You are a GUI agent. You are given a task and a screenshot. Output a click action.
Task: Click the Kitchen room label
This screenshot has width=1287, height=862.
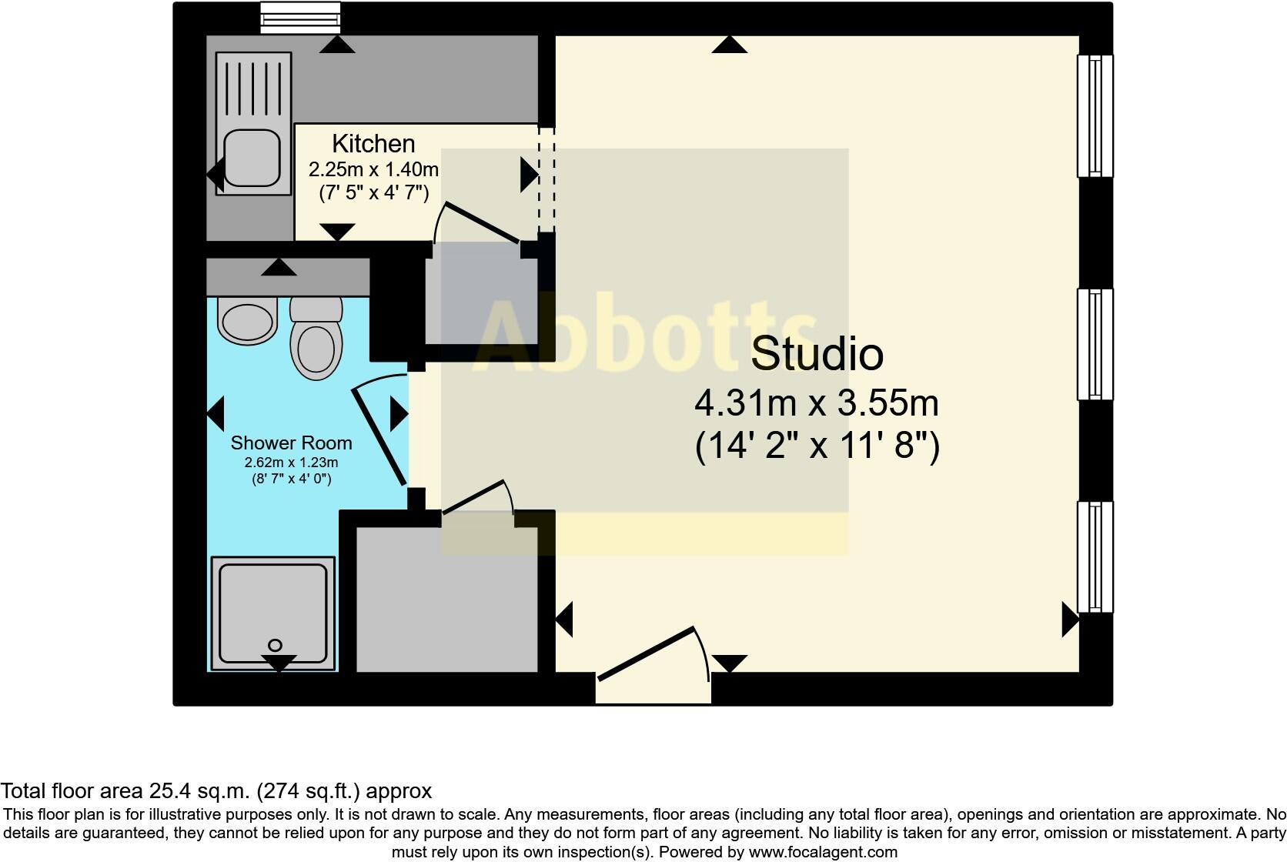tap(373, 144)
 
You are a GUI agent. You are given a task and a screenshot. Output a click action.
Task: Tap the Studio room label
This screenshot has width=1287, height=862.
tap(817, 353)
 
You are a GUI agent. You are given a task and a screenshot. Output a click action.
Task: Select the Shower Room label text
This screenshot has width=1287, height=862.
tap(291, 443)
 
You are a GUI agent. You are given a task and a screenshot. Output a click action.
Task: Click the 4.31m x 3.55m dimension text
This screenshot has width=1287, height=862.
tap(817, 403)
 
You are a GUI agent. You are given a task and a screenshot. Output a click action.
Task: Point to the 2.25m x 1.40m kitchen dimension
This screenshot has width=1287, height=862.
tap(373, 169)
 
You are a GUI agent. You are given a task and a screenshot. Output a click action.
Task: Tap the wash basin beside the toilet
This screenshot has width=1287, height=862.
tap(247, 322)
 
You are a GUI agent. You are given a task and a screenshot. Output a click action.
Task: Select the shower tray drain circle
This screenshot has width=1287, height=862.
tap(275, 645)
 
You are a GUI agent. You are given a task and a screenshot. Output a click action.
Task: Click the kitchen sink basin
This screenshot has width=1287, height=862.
tap(251, 157)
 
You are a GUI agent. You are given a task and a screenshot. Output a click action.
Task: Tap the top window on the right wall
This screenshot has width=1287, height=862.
tap(1095, 115)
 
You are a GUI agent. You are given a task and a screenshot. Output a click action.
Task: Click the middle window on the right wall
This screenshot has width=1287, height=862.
tap(1095, 344)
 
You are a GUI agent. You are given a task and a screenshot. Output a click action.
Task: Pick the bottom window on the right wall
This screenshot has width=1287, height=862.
tap(1095, 556)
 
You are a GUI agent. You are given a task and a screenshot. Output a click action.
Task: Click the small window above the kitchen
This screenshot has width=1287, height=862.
tap(300, 18)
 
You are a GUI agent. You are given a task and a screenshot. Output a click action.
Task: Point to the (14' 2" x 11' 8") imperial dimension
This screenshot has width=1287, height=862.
tap(817, 446)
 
